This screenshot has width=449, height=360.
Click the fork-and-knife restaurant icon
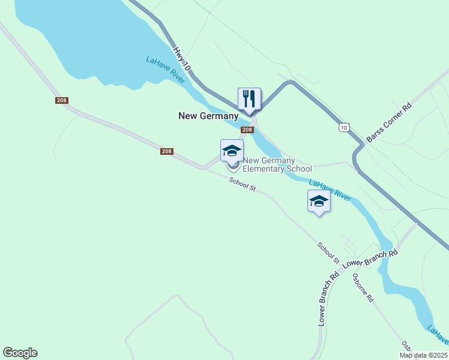pos(249,99)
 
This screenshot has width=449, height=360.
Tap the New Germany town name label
pos(208,116)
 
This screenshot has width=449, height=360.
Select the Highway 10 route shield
pos(343,127)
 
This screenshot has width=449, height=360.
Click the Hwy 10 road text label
pos(182,60)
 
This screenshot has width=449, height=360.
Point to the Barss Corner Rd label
pos(389,122)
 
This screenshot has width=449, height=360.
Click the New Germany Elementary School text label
pos(277,164)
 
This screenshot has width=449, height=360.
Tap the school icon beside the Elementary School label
pos(232,151)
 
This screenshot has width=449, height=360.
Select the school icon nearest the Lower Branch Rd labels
pos(319,201)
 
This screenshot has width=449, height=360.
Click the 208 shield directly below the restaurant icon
pos(247,130)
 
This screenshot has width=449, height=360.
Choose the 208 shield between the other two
pos(167,151)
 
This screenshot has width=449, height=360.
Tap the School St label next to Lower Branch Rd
pos(329,253)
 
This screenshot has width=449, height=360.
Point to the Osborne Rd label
pos(364,287)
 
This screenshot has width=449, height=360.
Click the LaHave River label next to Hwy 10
pos(165,70)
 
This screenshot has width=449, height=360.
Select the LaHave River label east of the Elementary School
pos(330,190)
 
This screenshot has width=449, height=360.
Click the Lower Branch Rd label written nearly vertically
pos(328,299)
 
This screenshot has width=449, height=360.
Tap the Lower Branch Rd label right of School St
pos(371,258)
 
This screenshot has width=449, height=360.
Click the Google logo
pos(20,353)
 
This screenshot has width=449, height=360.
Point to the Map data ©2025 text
pos(424,355)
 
